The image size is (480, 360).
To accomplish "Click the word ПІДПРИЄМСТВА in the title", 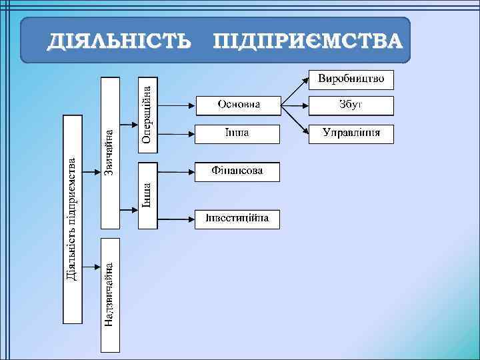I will (x=307, y=42).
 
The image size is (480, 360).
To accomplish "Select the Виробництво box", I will (x=351, y=79).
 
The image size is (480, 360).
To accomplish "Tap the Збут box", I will (x=351, y=105).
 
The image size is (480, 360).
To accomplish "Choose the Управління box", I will (x=351, y=133).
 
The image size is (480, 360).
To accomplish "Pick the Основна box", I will (x=237, y=105).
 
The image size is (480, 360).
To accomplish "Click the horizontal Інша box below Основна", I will (x=237, y=133).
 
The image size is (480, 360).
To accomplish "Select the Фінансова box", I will (x=237, y=171).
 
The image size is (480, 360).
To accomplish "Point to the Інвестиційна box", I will (x=237, y=219).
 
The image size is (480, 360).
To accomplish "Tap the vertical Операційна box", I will (x=149, y=114).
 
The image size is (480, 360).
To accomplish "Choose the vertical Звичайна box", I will (x=109, y=152).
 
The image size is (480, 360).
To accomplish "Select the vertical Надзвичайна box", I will (x=109, y=294).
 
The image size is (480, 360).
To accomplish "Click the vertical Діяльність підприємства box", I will (x=72, y=218).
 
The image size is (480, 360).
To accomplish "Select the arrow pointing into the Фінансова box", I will (x=176, y=171).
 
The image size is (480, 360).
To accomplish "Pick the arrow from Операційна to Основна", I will (x=176, y=105).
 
